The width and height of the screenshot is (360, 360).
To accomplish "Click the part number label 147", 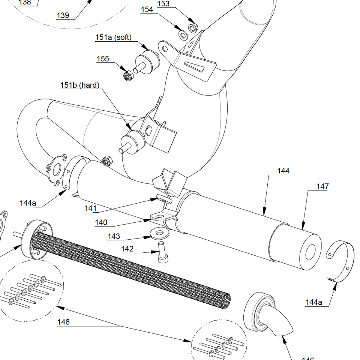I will pos(322,186).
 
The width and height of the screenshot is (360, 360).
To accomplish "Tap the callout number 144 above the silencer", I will pos(283,171).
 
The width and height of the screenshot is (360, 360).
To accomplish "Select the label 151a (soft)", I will pos(113,37).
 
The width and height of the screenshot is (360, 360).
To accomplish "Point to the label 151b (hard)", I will pos(79,85).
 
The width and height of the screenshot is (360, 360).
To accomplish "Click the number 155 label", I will pos(103,59).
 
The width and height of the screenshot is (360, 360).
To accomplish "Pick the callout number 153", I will pos(163,4).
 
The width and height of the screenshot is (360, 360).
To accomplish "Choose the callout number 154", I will pos(147,10).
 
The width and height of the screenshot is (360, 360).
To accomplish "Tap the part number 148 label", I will pos(63,322).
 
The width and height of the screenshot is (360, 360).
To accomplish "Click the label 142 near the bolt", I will pos(127,249).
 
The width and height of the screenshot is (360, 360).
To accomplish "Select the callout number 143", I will pos(114,236).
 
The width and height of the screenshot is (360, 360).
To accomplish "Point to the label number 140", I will pos(101,222).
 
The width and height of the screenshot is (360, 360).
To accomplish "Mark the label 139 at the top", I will pos(63,15).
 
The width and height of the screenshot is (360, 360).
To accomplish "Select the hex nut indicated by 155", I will pos(127,75).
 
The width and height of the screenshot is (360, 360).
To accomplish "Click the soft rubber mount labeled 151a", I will pos(147,62).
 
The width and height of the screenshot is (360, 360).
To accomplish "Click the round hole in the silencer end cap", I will pos(310,252).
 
